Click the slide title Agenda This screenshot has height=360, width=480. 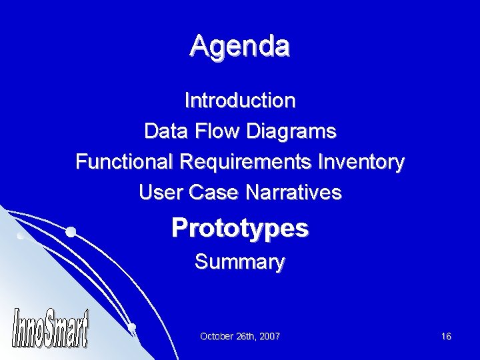239,47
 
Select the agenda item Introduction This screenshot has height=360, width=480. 240,101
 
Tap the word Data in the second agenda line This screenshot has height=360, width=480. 167,131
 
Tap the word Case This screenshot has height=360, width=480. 211,193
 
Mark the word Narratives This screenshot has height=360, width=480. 294,193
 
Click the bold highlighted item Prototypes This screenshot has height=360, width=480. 240,229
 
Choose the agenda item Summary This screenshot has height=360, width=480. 240,261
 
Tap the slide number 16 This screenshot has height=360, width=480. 446,337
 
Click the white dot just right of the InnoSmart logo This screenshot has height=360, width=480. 132,327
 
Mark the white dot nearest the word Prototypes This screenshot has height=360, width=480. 70,232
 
